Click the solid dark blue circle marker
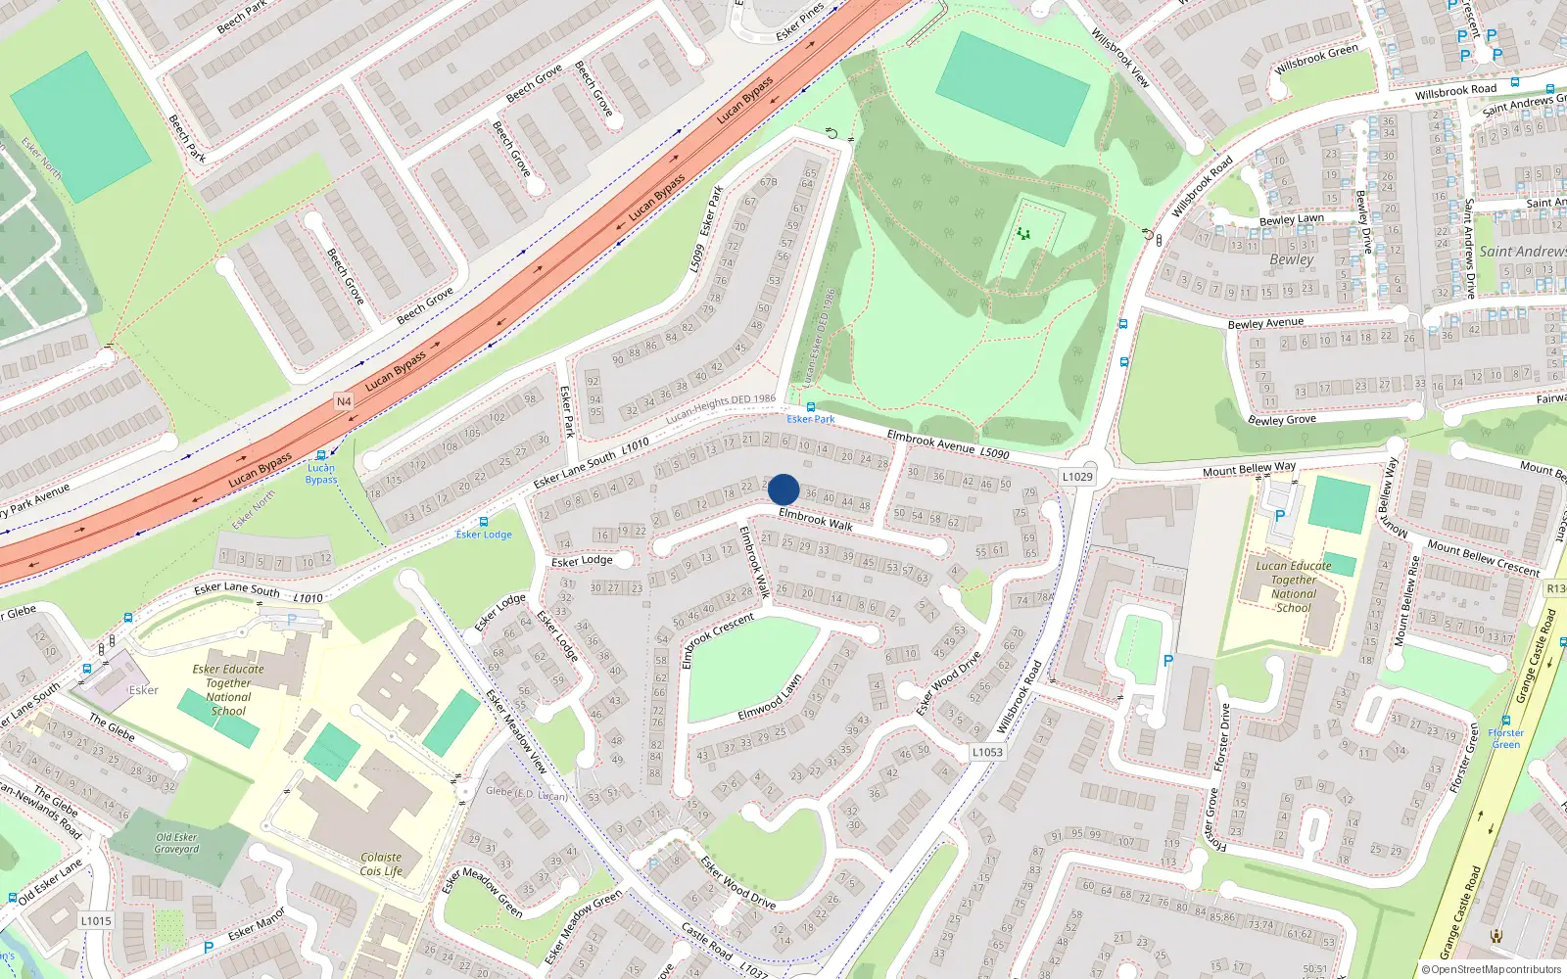[783, 489]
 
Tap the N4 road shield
[344, 401]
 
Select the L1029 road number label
[1077, 477]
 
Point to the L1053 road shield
[987, 752]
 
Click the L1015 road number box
[96, 920]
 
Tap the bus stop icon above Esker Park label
[810, 407]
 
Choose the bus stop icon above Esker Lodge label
[483, 523]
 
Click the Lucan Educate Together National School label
[1294, 586]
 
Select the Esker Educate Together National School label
[228, 690]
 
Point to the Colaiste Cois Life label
[381, 863]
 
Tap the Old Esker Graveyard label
[176, 843]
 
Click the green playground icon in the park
[1023, 233]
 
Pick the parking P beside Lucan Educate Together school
[1279, 516]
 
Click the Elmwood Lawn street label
[770, 698]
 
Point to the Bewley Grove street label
[1282, 420]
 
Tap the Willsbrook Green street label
[1316, 60]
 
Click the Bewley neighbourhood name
[1292, 259]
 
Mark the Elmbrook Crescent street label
[718, 639]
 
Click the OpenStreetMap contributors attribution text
[1491, 969]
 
